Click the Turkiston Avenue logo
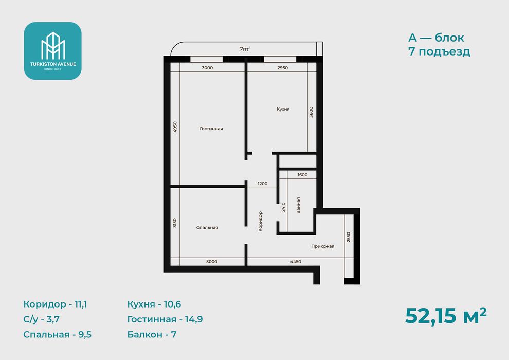pos(52,51)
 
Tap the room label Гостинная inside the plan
pos(211,129)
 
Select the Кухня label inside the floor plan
pos(283,109)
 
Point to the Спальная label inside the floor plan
pos(207,227)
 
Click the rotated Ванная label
pos(298,205)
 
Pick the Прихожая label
pos(323,246)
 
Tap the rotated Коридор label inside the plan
pos(260,222)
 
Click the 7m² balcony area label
pos(245,49)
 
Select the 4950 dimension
pos(175,127)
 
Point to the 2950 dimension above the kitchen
pos(283,68)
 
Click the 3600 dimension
pos(311,112)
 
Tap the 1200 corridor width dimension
pos(263,184)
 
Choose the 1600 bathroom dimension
pos(302,175)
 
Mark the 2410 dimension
pos(283,207)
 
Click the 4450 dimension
pos(296,262)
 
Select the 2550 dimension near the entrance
pos(348,237)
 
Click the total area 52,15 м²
pos(446,316)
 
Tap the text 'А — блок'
pos(436,38)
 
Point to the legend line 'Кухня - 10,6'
pos(154,304)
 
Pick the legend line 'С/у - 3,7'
pos(41,319)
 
